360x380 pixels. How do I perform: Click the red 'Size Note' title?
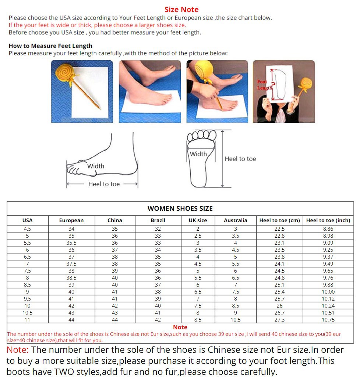click(181, 10)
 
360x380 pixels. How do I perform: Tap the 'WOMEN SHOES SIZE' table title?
click(180, 209)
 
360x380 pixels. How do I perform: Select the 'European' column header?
click(71, 220)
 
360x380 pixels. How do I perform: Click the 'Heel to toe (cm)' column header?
click(279, 220)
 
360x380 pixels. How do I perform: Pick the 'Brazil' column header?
click(158, 220)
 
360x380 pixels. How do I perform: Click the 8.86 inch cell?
click(328, 229)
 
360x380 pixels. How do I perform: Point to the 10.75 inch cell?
click(328, 320)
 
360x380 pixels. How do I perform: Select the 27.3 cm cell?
click(279, 320)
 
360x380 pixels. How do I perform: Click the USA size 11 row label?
click(27, 320)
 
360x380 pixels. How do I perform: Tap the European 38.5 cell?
click(71, 278)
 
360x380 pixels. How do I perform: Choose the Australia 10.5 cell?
click(235, 320)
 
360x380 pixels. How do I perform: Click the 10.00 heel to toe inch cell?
click(328, 292)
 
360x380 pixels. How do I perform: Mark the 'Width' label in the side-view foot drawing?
click(96, 166)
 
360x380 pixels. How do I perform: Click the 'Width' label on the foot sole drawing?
click(198, 154)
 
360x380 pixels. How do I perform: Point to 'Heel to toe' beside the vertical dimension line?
click(240, 159)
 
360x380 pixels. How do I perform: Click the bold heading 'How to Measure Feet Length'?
click(50, 46)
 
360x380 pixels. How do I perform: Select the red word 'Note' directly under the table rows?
click(180, 327)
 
